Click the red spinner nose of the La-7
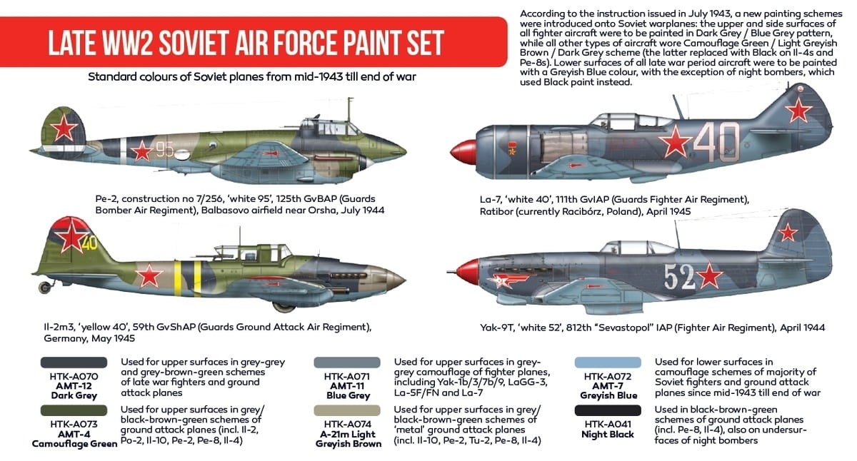click(463, 152)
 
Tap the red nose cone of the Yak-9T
click(468, 272)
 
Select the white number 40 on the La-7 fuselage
click(716, 142)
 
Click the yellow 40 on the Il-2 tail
click(89, 243)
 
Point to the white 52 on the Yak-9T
click(679, 277)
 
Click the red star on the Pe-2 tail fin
click(64, 128)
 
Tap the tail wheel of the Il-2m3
click(45, 287)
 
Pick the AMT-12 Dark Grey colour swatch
click(74, 363)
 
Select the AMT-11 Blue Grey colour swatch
click(347, 363)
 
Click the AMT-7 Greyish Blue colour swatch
click(608, 363)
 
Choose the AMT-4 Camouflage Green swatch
click(74, 410)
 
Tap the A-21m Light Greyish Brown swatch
click(347, 410)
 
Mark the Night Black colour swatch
click(608, 410)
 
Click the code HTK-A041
click(608, 425)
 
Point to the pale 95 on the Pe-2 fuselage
click(165, 149)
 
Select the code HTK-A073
click(74, 425)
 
